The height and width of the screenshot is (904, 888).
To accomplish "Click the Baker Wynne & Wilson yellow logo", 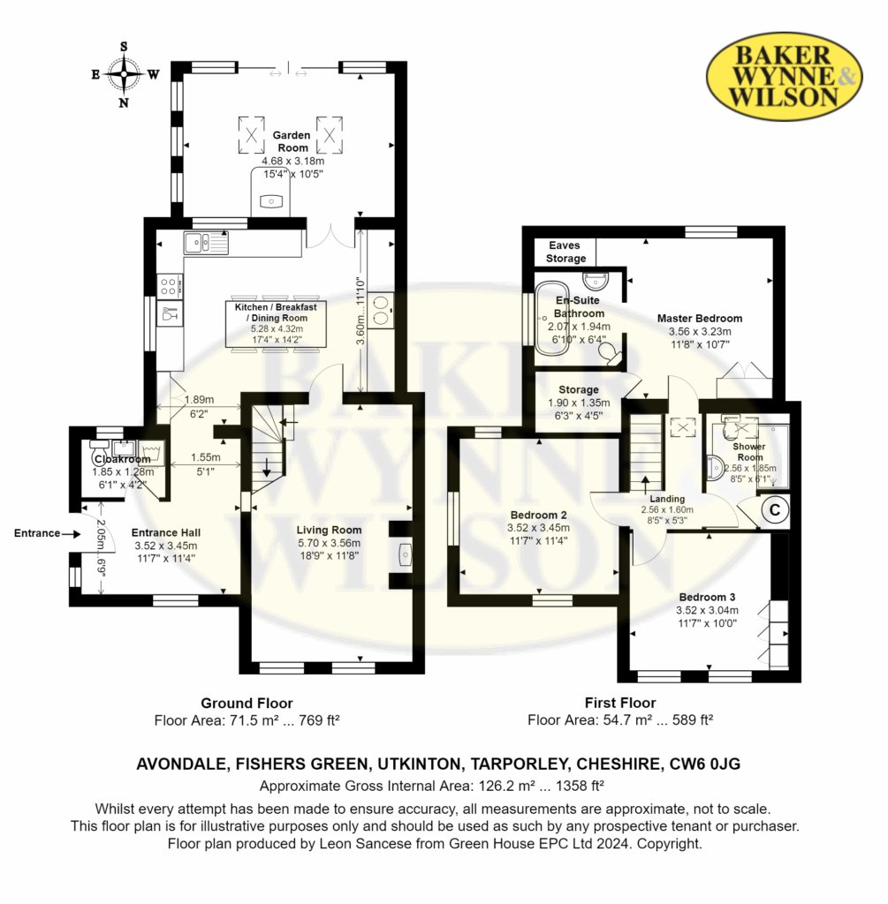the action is [784, 77].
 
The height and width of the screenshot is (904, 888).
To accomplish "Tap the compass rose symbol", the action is [124, 74].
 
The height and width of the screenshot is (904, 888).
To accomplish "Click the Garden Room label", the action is [292, 141].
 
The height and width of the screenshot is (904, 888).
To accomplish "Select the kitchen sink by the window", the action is [206, 243].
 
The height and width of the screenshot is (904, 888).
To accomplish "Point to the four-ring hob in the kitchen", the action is [169, 286].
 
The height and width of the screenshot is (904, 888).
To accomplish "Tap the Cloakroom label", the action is [122, 459].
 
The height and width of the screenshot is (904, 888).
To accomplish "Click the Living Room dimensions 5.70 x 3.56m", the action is [329, 543].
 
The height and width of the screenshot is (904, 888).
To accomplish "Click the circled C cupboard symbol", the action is [775, 509].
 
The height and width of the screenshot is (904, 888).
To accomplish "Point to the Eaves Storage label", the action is [565, 252].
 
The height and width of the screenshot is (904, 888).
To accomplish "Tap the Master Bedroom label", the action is [700, 318].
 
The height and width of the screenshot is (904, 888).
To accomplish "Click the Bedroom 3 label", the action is [707, 598].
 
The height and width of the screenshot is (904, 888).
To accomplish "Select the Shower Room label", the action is [749, 452].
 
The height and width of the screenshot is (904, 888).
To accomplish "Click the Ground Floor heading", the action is [247, 704].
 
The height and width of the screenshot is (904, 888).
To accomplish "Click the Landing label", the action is [668, 499].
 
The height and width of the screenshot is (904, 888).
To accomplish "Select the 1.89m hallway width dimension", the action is [199, 400].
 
